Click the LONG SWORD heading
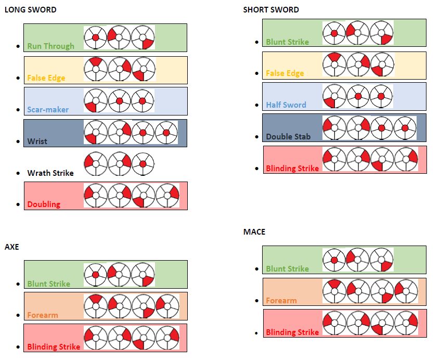point(30,10)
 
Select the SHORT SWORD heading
point(271,10)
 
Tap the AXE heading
point(11,247)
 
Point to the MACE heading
point(254,232)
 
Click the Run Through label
point(50,46)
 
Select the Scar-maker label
point(48,110)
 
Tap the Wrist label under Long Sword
point(37,141)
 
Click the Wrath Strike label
point(50,173)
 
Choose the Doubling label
point(44,204)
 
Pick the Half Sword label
point(286,105)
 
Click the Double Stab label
point(288,136)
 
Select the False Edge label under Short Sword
point(284,73)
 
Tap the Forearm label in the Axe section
point(43,315)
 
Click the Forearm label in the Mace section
point(281,300)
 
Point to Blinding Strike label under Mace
point(292,332)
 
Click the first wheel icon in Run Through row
point(95,37)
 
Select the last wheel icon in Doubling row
point(167,196)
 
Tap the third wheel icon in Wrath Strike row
point(143,164)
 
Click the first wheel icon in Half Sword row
point(334,96)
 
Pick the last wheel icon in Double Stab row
point(405,128)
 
